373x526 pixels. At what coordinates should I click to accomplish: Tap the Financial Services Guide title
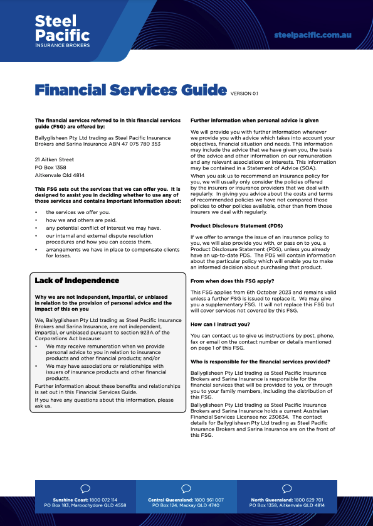coord(130,90)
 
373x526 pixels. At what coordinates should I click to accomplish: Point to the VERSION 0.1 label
coord(244,94)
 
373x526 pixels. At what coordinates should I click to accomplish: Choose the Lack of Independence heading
coord(76,281)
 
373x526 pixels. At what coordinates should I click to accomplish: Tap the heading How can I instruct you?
coord(220,325)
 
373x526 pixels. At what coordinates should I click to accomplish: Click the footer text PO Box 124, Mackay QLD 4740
coord(186,505)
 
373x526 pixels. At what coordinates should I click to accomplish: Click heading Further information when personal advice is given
coord(255,120)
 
